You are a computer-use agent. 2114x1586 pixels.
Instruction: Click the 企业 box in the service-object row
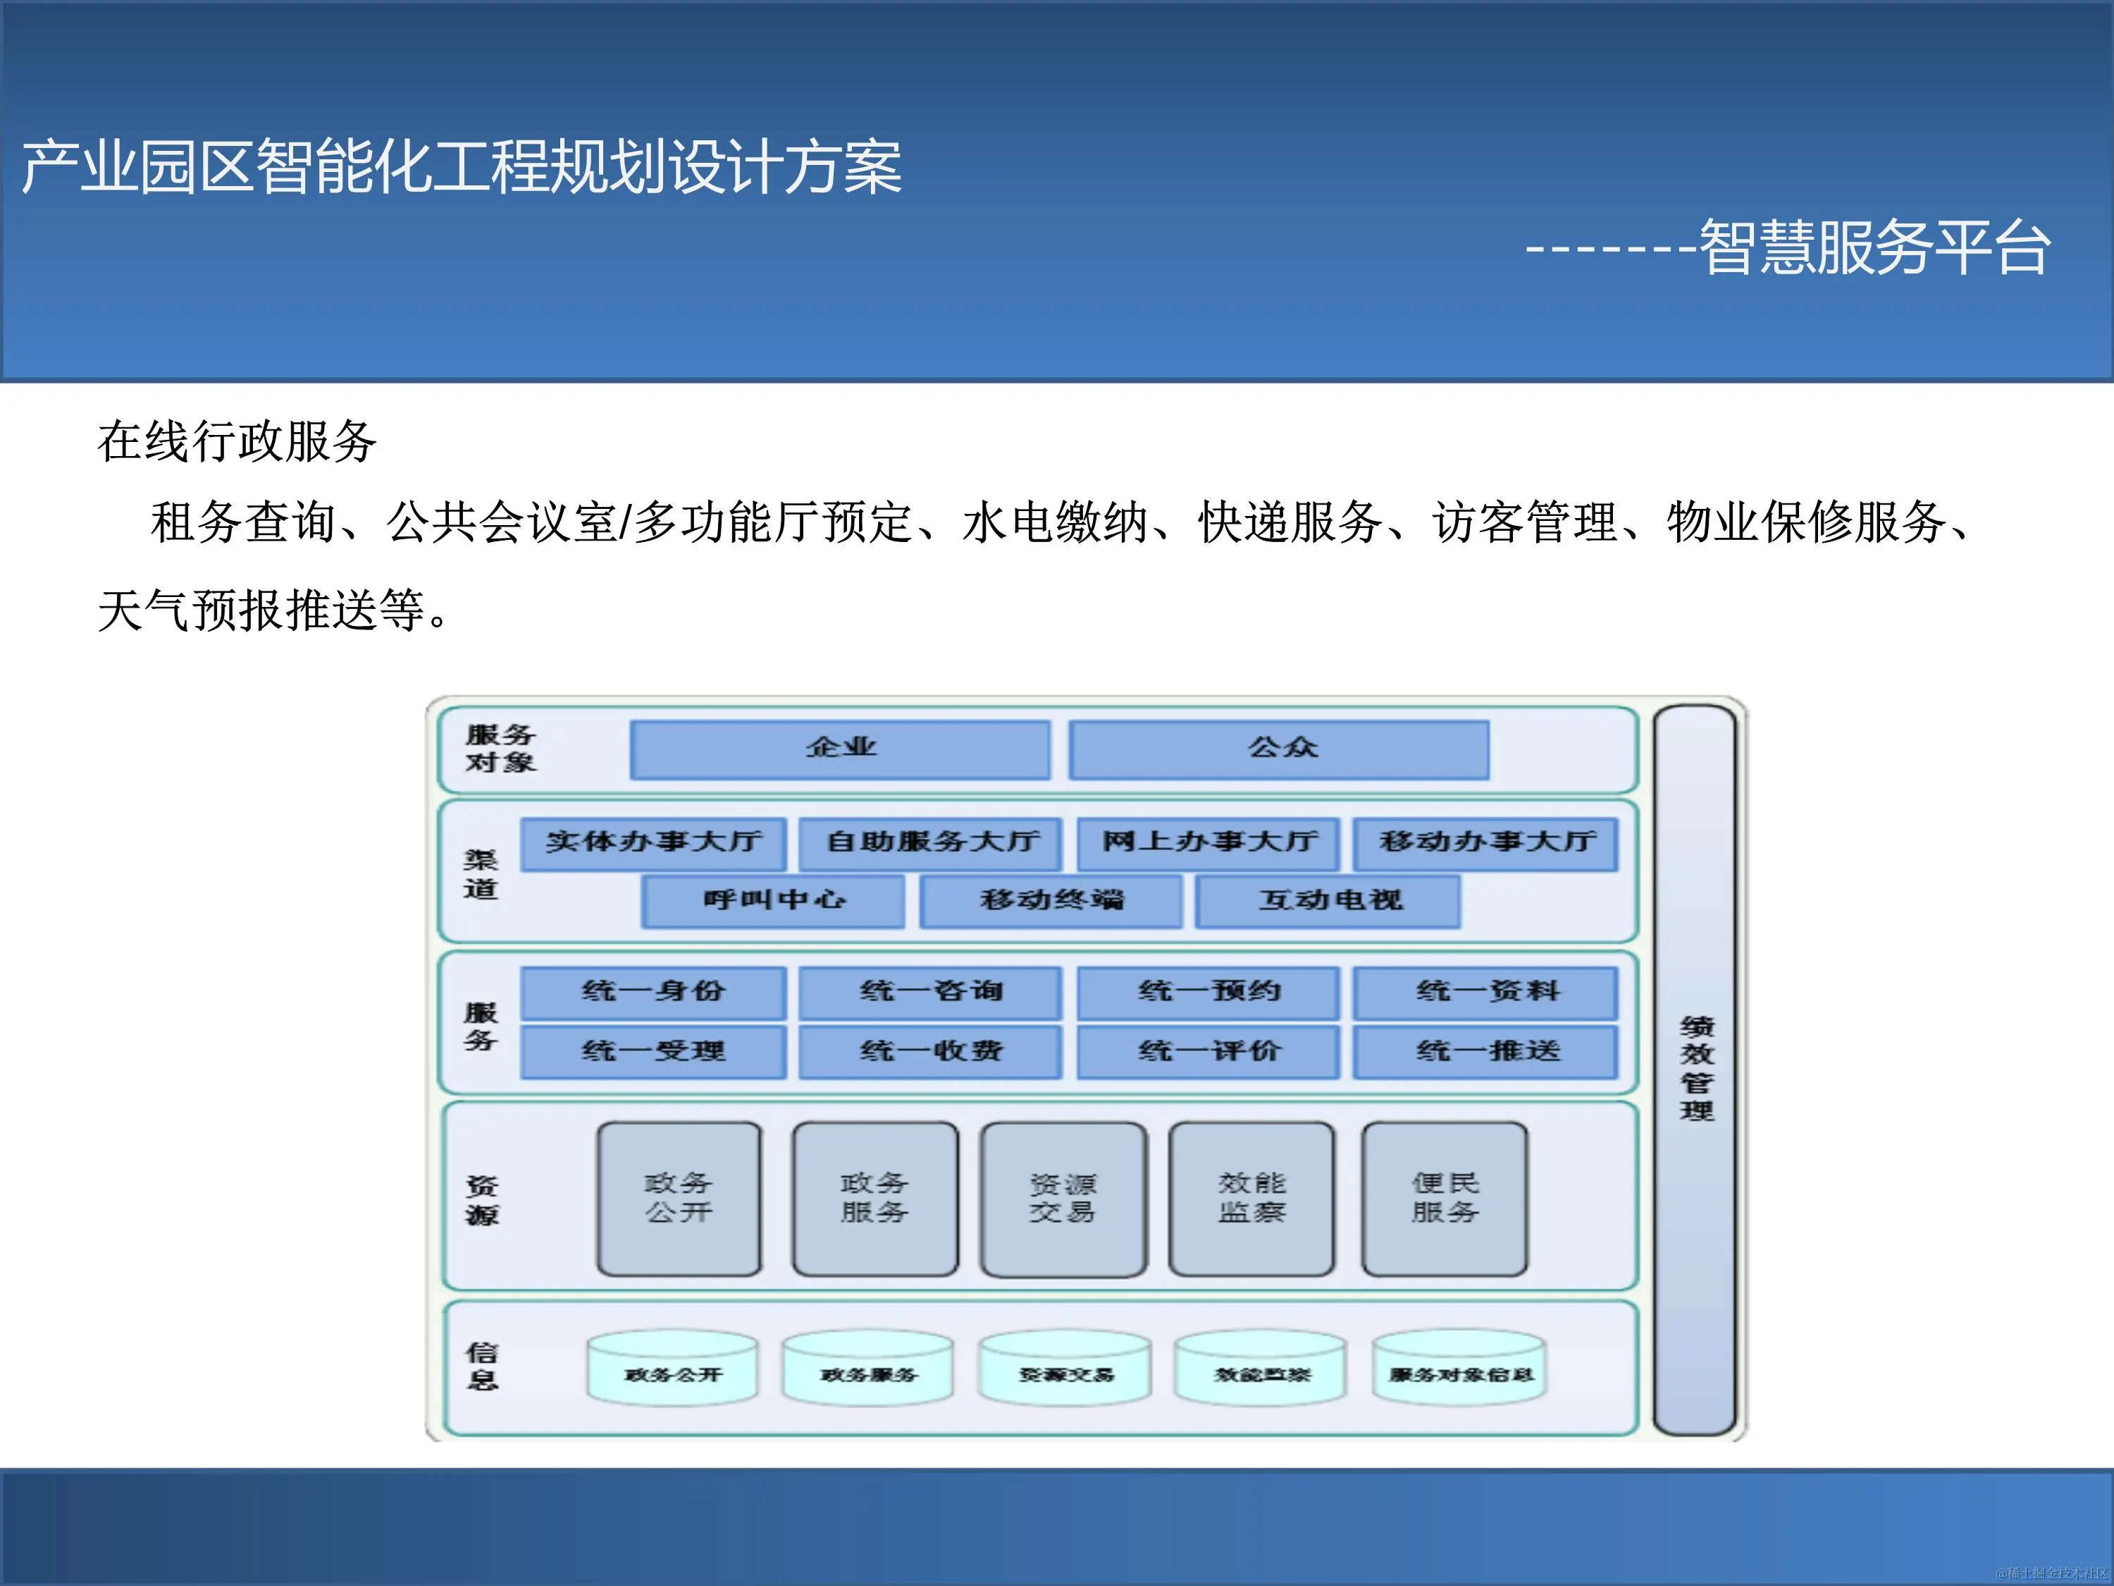point(840,749)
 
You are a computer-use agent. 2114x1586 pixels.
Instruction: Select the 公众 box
point(1279,749)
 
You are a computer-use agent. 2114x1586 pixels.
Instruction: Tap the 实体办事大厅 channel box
point(654,842)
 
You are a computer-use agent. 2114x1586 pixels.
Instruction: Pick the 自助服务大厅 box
point(931,842)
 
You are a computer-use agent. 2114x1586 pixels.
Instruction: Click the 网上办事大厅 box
point(1208,842)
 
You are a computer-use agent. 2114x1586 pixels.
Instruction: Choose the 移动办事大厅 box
point(1486,842)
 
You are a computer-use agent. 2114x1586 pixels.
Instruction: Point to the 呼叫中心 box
point(773,901)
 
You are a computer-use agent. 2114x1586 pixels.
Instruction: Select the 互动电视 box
point(1328,901)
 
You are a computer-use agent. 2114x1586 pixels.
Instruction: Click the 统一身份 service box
point(654,991)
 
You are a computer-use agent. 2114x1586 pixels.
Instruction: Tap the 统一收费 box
point(931,1052)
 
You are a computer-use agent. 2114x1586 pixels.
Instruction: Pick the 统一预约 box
point(1208,991)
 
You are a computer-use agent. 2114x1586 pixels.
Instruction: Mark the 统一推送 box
point(1486,1052)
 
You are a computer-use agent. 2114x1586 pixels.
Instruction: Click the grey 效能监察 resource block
point(1252,1198)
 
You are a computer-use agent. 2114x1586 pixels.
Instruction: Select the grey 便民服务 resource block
point(1445,1198)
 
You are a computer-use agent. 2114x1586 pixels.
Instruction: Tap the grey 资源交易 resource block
point(1063,1198)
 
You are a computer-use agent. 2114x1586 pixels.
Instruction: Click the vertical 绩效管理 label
point(1696,1069)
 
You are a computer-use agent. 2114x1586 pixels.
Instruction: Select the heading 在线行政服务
point(237,442)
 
